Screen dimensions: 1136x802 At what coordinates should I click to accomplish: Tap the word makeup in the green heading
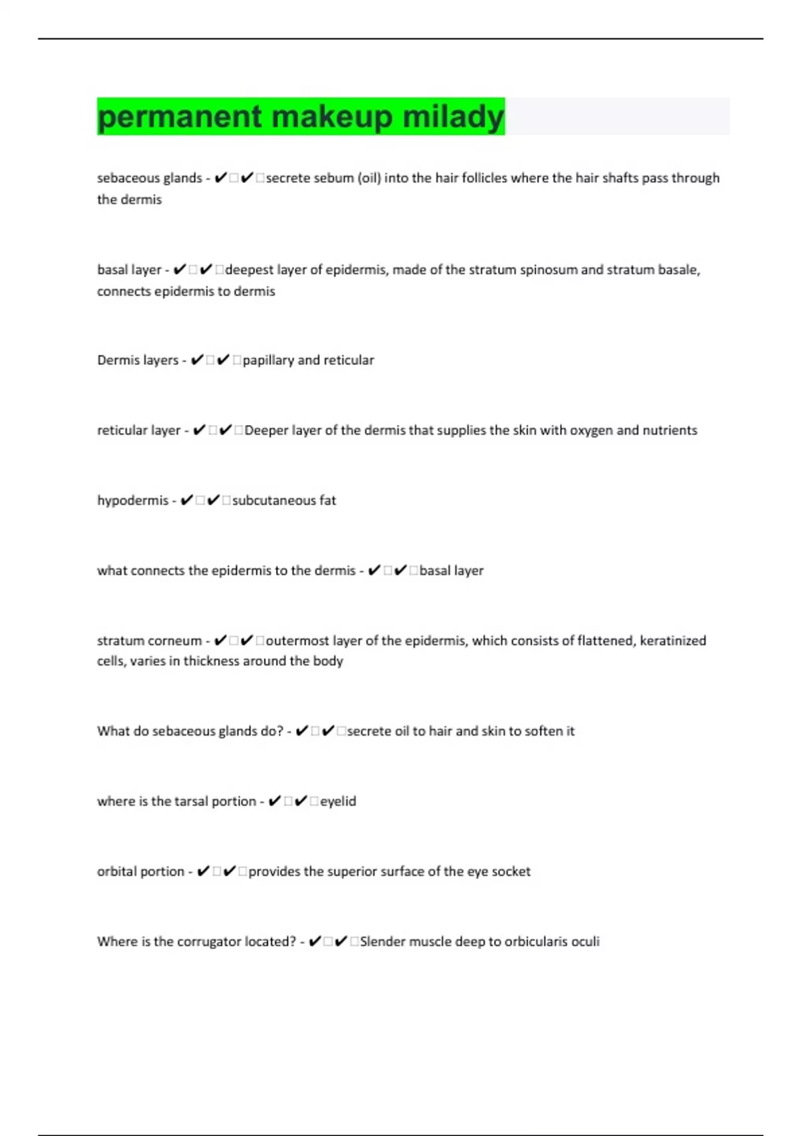pyautogui.click(x=332, y=117)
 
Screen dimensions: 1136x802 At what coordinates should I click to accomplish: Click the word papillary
pyautogui.click(x=268, y=360)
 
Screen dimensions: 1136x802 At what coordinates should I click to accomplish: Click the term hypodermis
pyautogui.click(x=132, y=501)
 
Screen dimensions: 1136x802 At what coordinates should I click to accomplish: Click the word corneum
pyautogui.click(x=176, y=641)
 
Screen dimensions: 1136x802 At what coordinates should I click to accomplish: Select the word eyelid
pyautogui.click(x=338, y=801)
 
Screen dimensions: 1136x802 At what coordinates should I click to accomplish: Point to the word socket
pyautogui.click(x=511, y=871)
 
